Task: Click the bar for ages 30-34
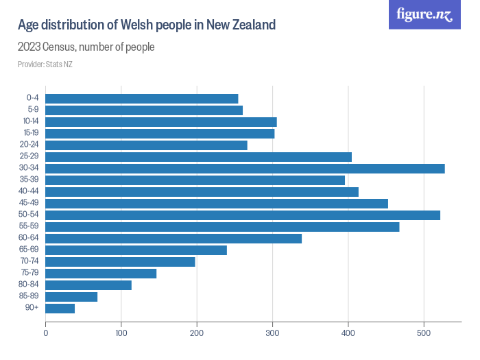pyautogui.click(x=245, y=169)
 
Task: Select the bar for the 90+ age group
pyautogui.click(x=60, y=309)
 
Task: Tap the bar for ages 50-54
pyautogui.click(x=243, y=215)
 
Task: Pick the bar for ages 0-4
pyautogui.click(x=142, y=99)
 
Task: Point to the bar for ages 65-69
pyautogui.click(x=136, y=250)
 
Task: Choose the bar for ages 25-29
pyautogui.click(x=198, y=157)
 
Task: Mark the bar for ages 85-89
pyautogui.click(x=71, y=297)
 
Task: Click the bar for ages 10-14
pyautogui.click(x=161, y=122)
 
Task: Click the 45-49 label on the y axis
pyautogui.click(x=29, y=204)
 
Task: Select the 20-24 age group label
pyautogui.click(x=29, y=145)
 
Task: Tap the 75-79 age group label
pyautogui.click(x=29, y=274)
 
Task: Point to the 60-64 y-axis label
pyautogui.click(x=29, y=239)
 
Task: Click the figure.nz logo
pyautogui.click(x=424, y=14)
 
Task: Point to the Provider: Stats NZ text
pyautogui.click(x=45, y=64)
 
